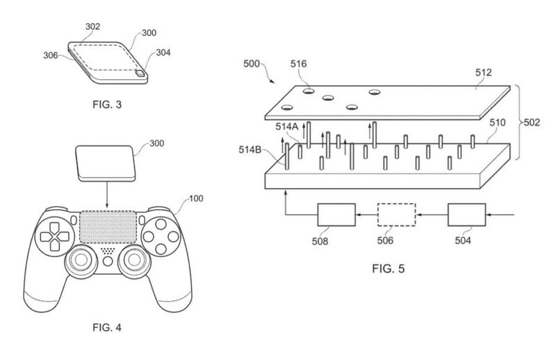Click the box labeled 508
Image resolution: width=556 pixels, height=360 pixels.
point(336,215)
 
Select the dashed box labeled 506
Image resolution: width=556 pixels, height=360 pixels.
point(396,215)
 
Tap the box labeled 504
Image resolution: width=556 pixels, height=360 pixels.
point(467,215)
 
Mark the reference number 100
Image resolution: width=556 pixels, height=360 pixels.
point(197,199)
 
